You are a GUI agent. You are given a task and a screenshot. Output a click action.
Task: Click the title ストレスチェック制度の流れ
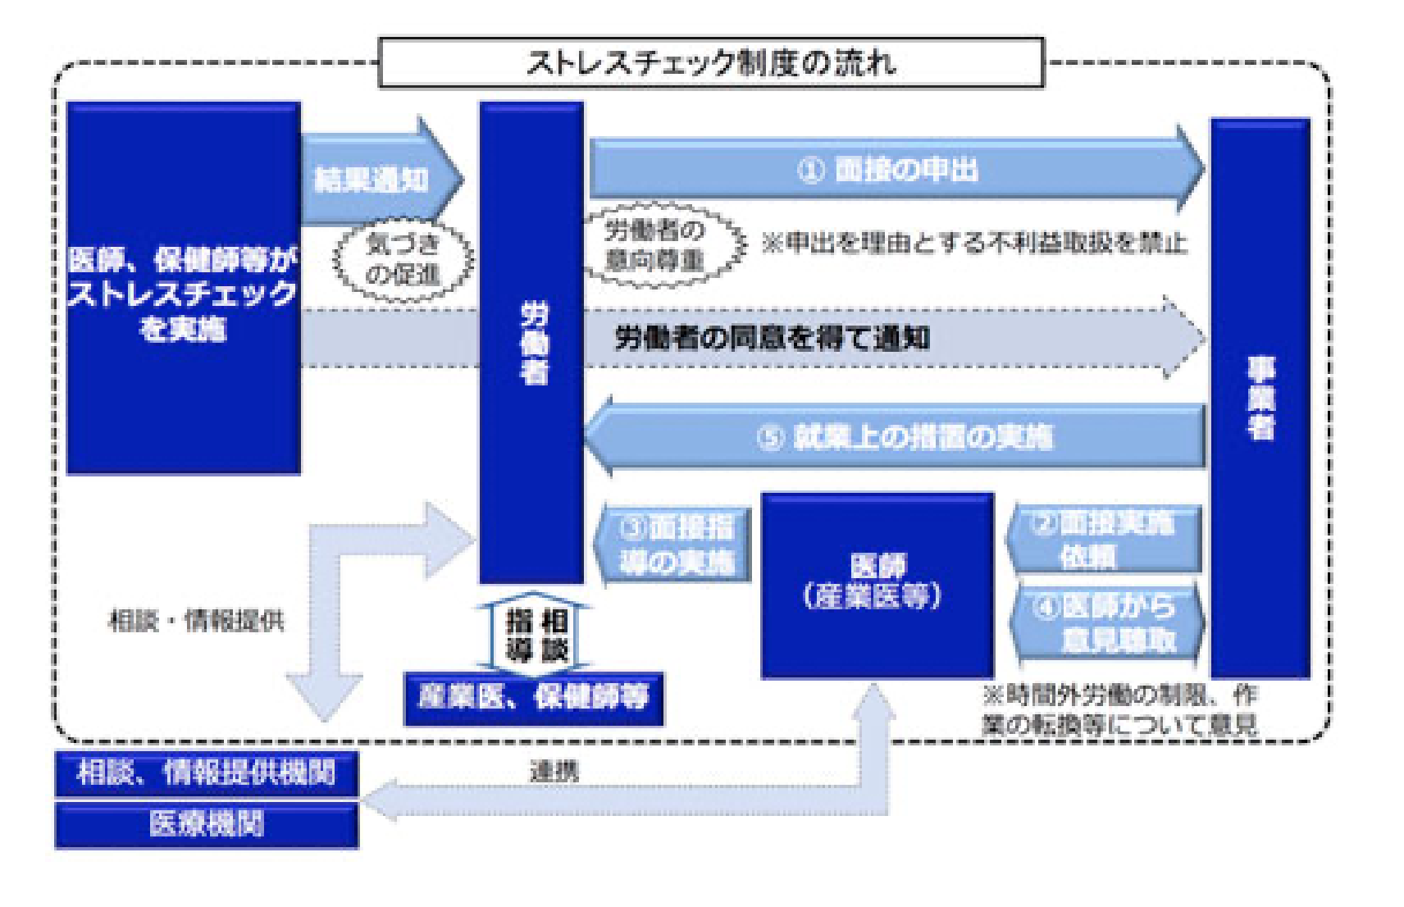710,62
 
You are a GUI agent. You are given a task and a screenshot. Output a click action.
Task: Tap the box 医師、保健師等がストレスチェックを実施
183,289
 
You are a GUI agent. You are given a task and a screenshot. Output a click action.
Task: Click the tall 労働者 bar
531,343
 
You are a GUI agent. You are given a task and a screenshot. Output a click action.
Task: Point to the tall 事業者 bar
1260,399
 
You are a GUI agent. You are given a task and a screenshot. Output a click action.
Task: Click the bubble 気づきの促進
403,258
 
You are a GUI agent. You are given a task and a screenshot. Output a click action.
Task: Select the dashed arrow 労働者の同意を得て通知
771,337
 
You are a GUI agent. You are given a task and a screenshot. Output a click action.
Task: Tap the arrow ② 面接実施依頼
1104,539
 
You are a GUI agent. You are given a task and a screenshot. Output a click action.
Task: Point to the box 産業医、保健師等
533,698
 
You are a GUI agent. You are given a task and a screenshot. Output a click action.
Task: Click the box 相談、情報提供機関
206,773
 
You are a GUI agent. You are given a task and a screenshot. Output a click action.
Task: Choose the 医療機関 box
206,824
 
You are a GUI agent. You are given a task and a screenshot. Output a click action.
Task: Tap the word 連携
554,771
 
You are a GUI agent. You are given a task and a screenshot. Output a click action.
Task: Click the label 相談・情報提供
197,621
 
